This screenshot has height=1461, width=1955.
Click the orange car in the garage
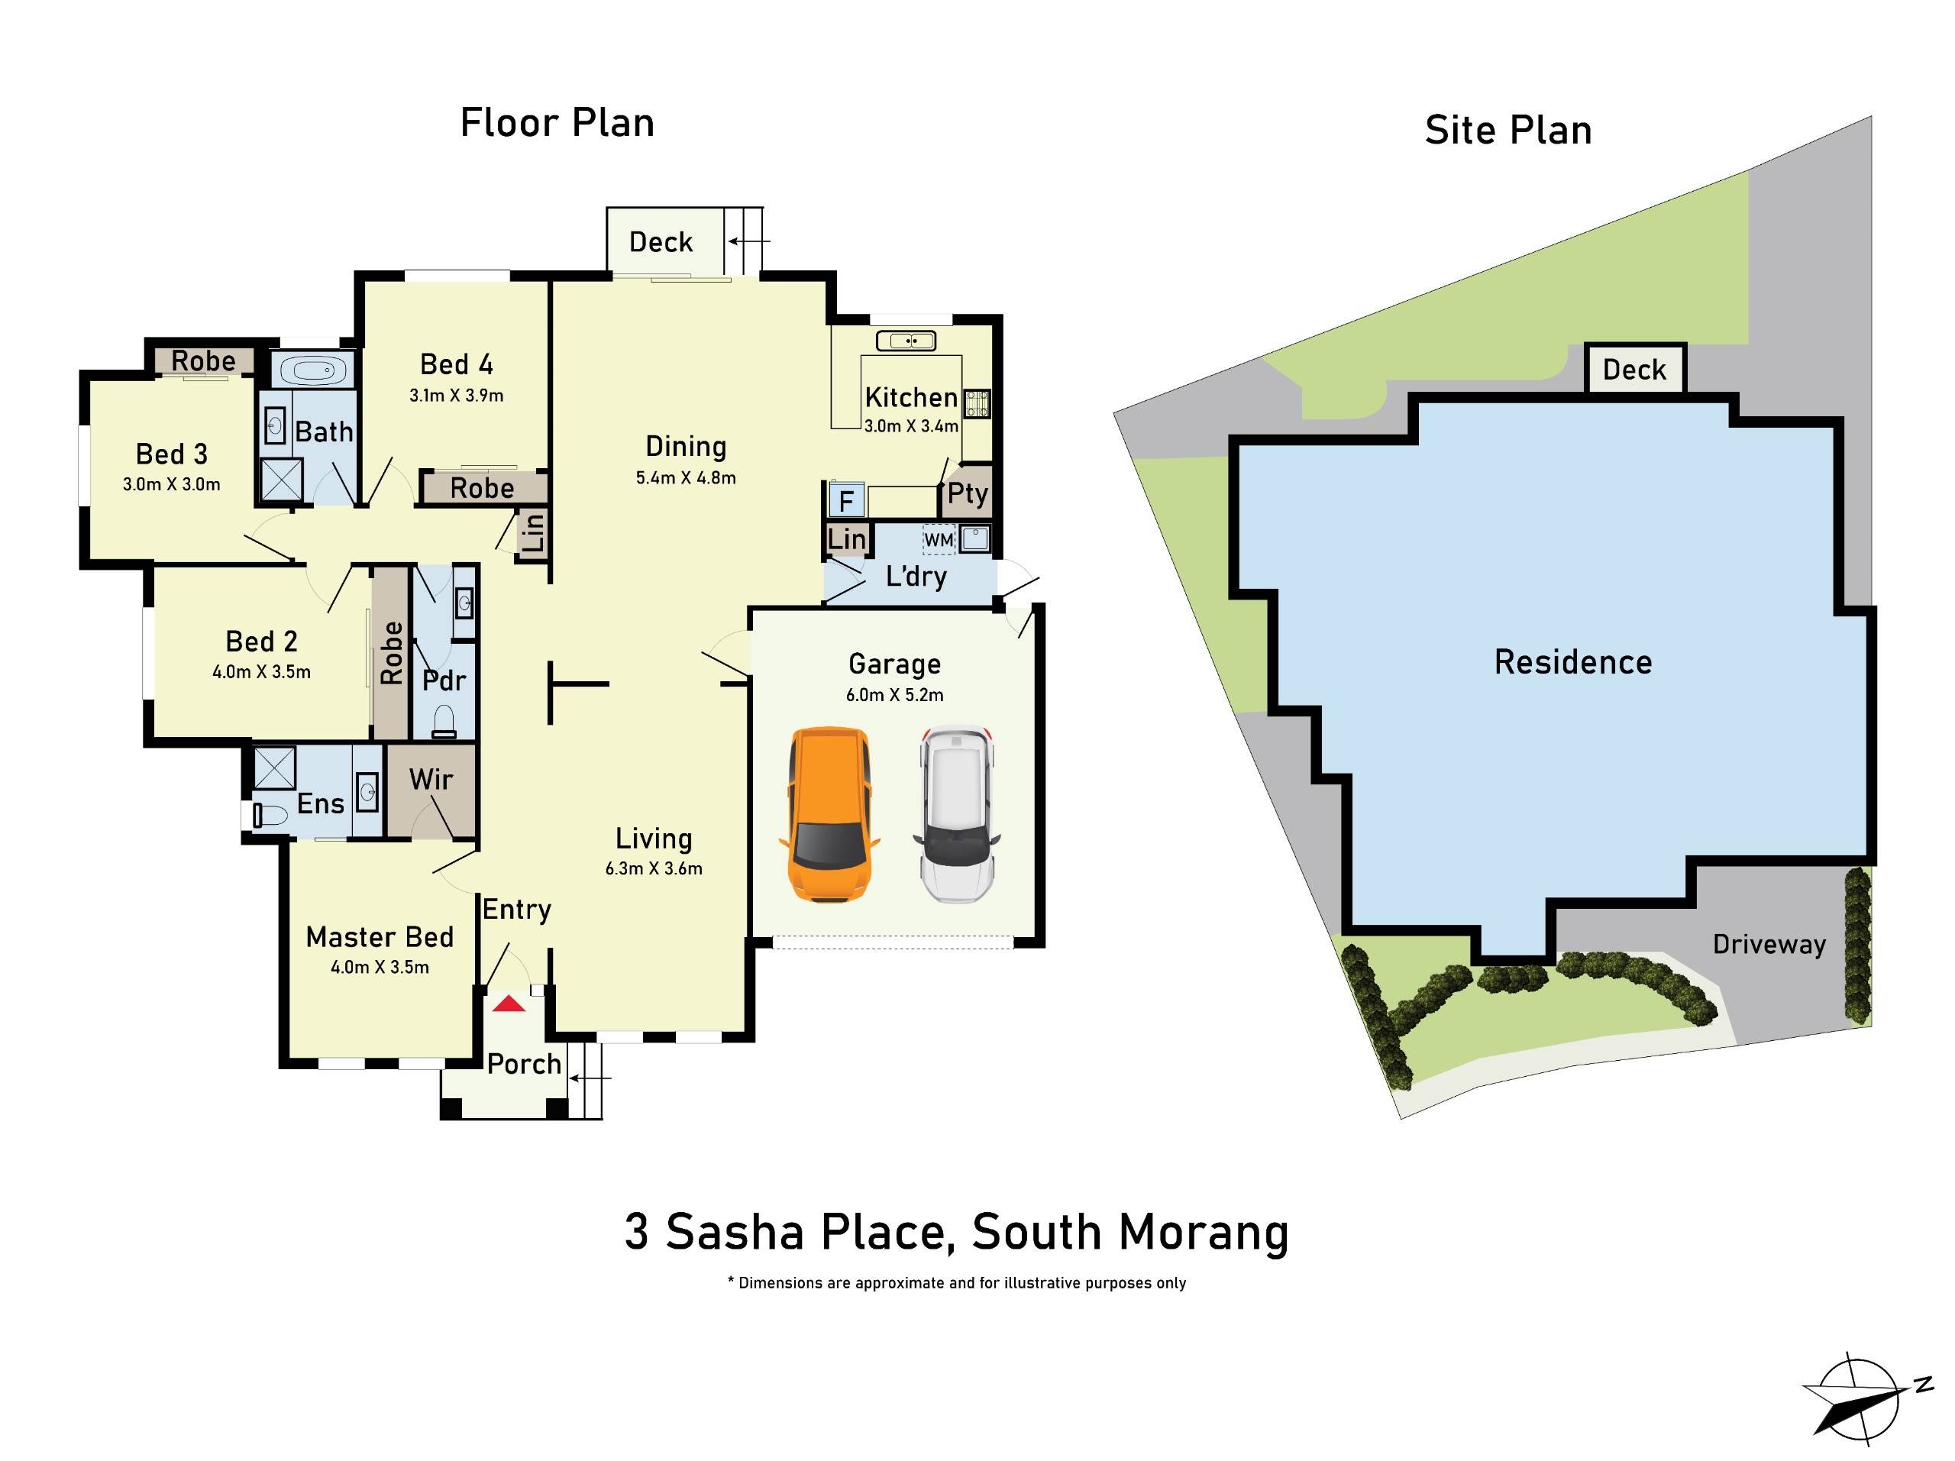[828, 814]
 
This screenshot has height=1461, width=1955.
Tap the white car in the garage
[957, 814]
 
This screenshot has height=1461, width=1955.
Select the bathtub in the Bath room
[314, 370]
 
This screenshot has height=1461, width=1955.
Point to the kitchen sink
[906, 341]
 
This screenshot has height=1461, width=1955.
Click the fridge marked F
[846, 501]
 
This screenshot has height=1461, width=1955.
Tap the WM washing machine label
[939, 539]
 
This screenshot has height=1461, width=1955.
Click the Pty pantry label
[967, 493]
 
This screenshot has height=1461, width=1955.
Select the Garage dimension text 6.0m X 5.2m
[894, 695]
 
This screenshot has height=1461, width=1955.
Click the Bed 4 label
[456, 364]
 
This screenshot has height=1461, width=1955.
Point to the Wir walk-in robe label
[431, 780]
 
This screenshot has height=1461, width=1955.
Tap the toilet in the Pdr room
[444, 721]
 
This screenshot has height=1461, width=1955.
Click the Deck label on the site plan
[1634, 370]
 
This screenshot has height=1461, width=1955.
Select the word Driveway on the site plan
[1769, 944]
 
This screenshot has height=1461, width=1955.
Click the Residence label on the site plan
[1572, 662]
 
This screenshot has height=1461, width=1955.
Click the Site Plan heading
[1507, 131]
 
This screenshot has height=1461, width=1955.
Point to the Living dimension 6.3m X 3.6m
[653, 868]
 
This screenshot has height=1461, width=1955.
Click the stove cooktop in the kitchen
[977, 403]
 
